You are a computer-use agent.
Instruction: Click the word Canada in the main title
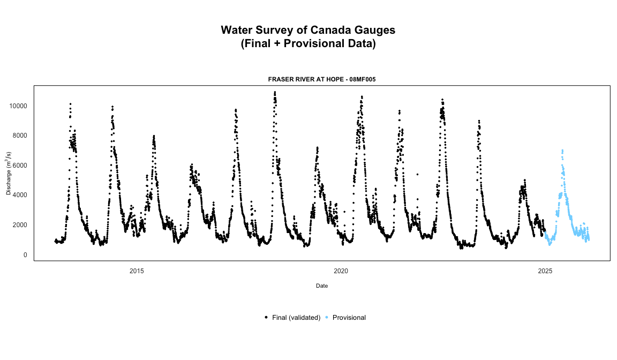tap(336, 30)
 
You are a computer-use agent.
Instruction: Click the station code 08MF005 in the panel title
tap(365, 79)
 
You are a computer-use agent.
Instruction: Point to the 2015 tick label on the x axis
tap(137, 271)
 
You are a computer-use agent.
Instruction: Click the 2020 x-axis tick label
tap(341, 271)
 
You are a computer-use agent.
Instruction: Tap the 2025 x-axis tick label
tap(545, 271)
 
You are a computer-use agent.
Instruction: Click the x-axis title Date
tap(322, 286)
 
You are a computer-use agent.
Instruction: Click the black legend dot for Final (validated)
tap(266, 318)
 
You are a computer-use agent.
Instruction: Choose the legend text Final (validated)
tap(296, 318)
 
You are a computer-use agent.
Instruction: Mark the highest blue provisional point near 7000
tap(562, 151)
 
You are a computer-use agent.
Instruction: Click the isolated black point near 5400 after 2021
tap(417, 174)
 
